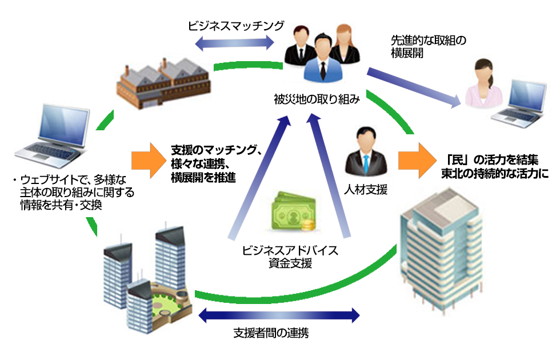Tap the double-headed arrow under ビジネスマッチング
[x=235, y=42]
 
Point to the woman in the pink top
[x=481, y=86]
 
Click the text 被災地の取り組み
[x=317, y=101]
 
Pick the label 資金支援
[x=291, y=263]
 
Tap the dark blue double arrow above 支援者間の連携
[x=278, y=314]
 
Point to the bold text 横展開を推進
[x=203, y=178]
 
